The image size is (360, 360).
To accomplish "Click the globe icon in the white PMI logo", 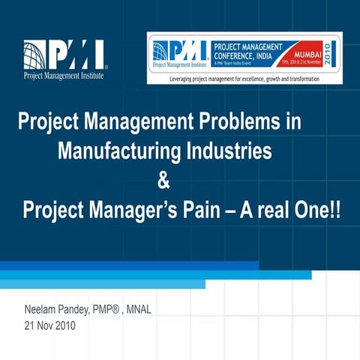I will coord(36,54).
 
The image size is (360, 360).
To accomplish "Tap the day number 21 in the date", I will coord(30,326).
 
